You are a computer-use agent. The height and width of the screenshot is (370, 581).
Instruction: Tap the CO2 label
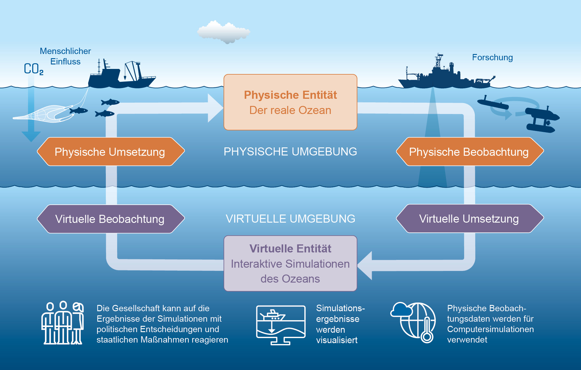(x=33, y=69)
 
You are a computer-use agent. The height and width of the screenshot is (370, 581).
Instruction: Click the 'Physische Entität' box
(x=290, y=102)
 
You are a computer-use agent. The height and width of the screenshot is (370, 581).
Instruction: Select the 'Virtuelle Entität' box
(x=290, y=263)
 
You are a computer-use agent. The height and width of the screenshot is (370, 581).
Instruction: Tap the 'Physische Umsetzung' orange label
(x=110, y=152)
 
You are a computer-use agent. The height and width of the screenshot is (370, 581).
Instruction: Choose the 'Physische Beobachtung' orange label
(x=469, y=152)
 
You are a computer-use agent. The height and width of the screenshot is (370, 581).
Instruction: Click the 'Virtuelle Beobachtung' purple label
(x=110, y=219)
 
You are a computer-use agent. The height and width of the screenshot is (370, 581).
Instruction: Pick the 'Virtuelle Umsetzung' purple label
(x=469, y=219)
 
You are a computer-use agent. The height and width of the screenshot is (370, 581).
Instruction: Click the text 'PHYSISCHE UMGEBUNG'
(x=290, y=152)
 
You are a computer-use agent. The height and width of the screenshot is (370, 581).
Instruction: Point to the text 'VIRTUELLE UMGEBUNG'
(x=290, y=219)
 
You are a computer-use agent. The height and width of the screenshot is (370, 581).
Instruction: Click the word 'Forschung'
(x=492, y=57)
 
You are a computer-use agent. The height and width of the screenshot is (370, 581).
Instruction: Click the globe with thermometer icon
(x=414, y=322)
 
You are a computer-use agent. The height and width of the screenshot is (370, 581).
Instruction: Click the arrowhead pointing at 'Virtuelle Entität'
(x=365, y=265)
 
